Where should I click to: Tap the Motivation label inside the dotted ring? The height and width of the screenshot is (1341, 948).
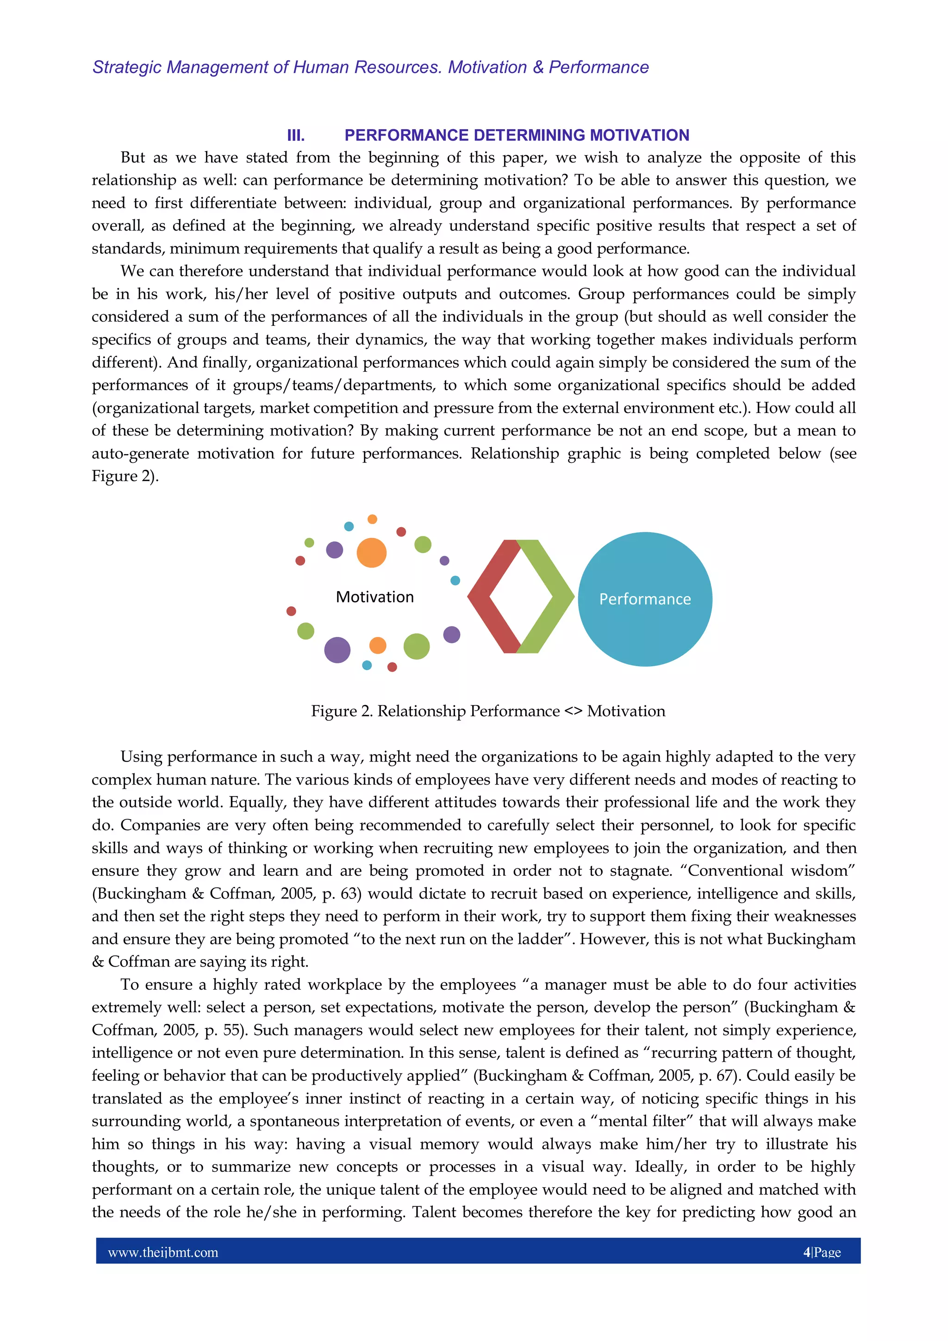click(374, 597)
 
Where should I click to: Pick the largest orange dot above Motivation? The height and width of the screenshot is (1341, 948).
click(372, 553)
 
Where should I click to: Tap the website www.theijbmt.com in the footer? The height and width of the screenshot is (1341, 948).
click(163, 1252)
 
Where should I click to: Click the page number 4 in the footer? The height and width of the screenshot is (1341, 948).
click(807, 1252)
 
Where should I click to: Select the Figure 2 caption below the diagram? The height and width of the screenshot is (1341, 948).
click(488, 711)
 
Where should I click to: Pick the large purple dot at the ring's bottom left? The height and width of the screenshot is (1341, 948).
click(337, 649)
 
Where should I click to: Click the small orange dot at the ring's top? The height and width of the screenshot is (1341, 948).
click(372, 519)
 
